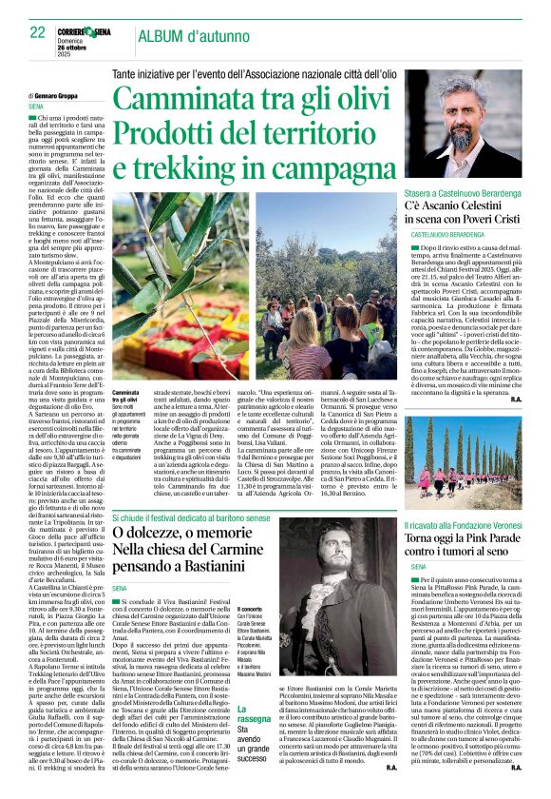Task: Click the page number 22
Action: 27,32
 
